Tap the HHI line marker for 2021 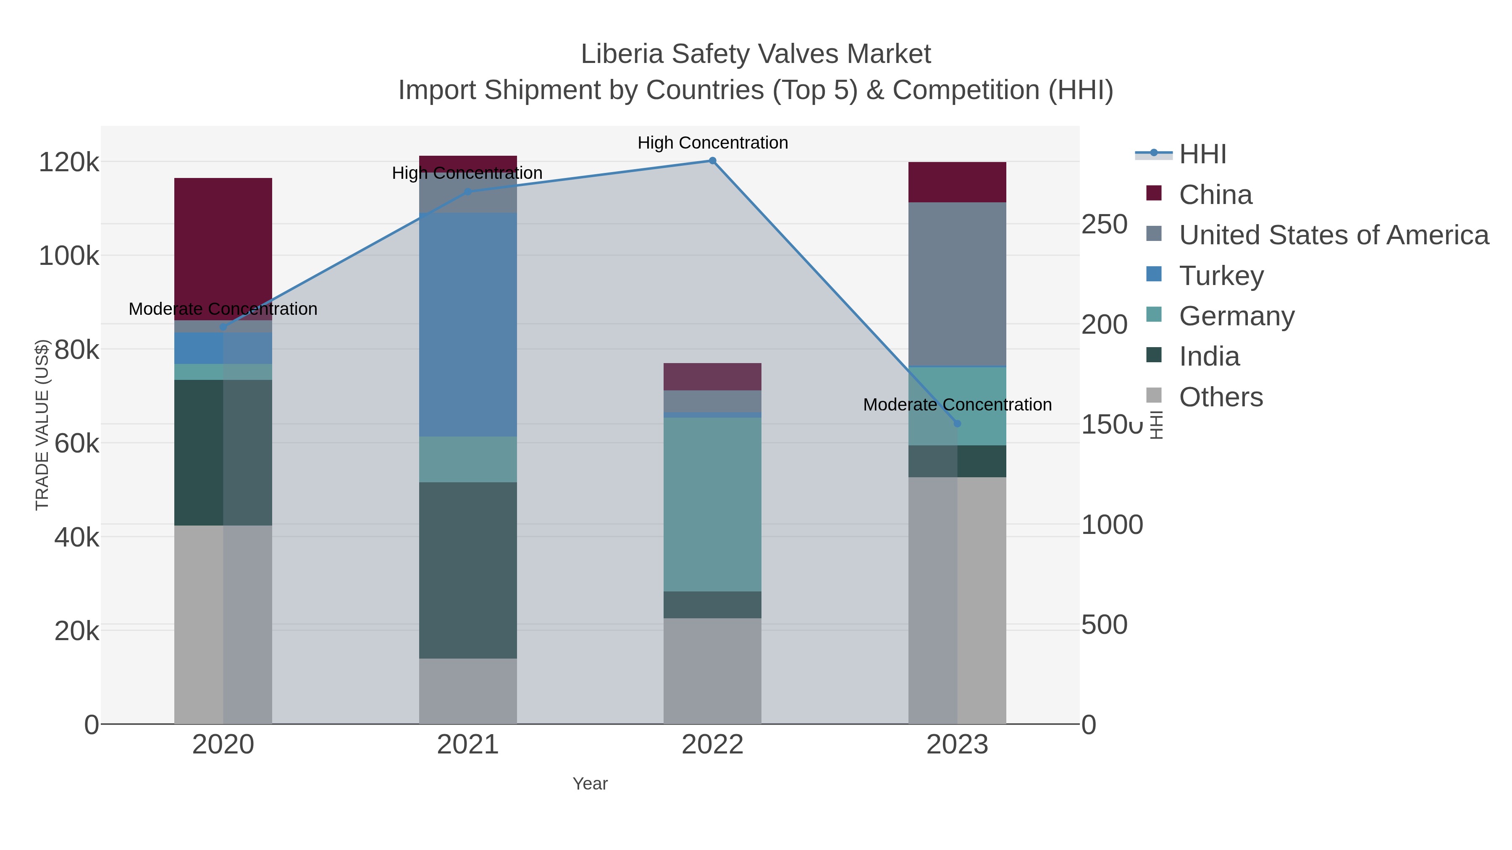468,192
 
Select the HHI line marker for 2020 223,327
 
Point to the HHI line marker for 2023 957,424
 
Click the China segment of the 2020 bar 223,246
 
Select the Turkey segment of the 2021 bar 468,324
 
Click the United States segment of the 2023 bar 957,285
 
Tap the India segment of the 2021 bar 468,570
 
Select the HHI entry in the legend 1202,154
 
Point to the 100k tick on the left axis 69,256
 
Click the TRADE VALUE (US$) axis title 42,425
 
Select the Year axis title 590,784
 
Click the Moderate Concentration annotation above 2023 957,405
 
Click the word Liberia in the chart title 622,54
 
